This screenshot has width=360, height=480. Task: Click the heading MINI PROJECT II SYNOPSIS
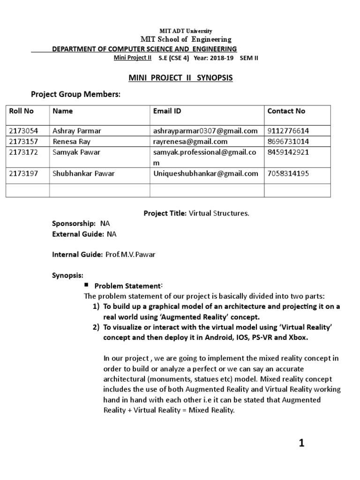[180, 78]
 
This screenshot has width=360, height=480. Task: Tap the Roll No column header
[22, 111]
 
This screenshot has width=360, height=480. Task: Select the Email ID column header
[167, 111]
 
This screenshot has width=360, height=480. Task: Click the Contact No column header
[286, 111]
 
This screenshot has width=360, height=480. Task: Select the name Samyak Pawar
[76, 152]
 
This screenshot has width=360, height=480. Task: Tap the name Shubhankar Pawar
[84, 173]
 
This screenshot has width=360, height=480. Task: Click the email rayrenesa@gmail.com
[190, 141]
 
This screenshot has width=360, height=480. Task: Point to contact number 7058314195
[289, 173]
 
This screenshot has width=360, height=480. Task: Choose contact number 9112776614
[289, 131]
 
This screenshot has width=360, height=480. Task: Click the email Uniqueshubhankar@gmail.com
[205, 173]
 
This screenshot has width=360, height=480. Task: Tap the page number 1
[302, 443]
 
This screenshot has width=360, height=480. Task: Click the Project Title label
[165, 213]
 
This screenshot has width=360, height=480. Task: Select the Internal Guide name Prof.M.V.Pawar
[129, 254]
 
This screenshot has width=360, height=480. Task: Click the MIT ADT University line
[180, 31]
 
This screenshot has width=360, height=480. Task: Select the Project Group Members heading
[75, 95]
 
